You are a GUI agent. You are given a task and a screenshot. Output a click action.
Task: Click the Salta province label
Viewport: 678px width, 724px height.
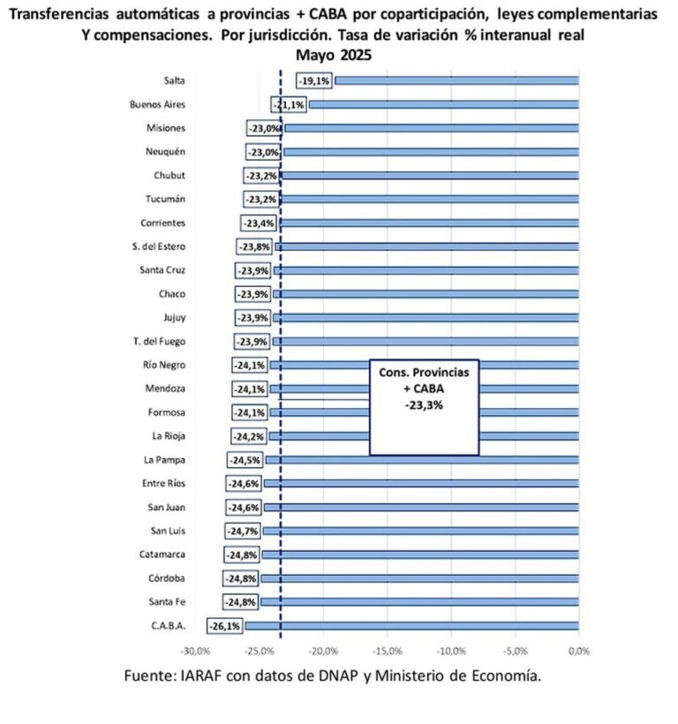[173, 80]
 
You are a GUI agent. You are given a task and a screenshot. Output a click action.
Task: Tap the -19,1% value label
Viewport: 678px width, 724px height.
[314, 80]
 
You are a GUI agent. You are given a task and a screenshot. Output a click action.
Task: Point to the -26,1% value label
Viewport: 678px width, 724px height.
[224, 626]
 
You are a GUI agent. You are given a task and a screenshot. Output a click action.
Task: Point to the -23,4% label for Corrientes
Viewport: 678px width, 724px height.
[259, 222]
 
